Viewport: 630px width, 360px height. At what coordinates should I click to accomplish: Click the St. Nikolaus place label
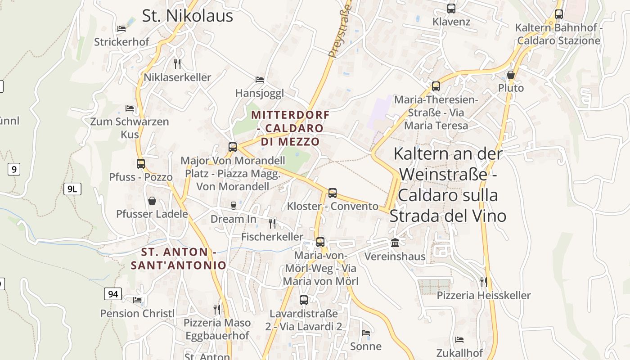[x=187, y=16]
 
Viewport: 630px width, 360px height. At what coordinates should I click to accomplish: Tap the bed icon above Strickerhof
[x=121, y=29]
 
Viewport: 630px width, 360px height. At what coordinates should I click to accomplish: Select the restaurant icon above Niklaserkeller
[x=177, y=63]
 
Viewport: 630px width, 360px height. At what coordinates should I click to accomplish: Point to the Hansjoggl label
[x=260, y=93]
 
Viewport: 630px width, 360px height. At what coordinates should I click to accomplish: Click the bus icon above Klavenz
[x=451, y=9]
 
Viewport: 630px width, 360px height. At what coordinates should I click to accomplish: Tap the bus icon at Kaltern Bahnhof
[x=558, y=14]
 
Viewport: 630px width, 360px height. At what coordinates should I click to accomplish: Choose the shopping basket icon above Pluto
[x=511, y=75]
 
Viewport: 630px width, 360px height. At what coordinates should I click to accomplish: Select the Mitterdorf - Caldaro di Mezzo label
[x=290, y=128]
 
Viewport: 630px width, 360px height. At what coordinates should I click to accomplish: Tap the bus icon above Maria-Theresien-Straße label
[x=436, y=86]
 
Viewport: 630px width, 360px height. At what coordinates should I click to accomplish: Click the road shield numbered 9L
[x=72, y=189]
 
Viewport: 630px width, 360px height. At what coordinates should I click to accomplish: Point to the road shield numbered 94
[x=112, y=294]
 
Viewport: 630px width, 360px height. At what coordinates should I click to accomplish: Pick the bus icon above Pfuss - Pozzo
[x=141, y=164]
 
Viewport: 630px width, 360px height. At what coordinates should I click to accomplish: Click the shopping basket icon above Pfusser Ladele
[x=152, y=201]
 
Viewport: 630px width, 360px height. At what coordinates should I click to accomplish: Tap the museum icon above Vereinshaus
[x=395, y=243]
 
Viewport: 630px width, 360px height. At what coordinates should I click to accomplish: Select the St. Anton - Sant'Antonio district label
[x=179, y=259]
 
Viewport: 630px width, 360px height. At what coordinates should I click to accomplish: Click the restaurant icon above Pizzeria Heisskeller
[x=484, y=282]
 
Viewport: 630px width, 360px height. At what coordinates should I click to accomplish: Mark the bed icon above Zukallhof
[x=459, y=340]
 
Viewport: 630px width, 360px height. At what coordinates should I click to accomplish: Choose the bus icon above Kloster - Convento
[x=333, y=193]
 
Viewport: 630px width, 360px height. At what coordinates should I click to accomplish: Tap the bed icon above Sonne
[x=366, y=333]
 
